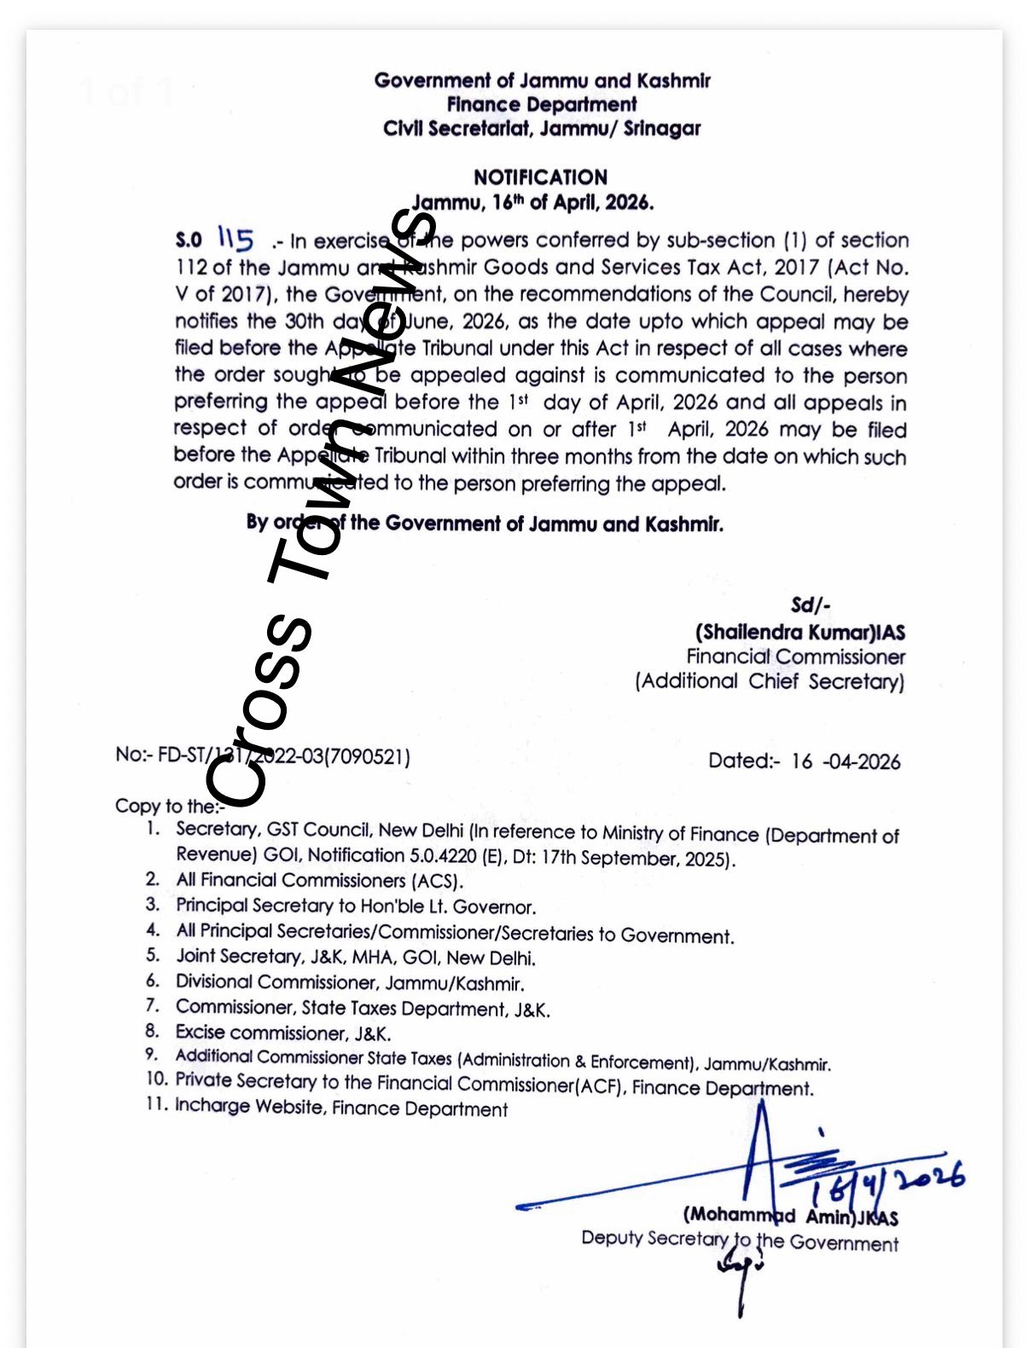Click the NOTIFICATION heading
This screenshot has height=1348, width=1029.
pos(541,177)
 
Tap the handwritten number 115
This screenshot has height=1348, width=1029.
pos(235,239)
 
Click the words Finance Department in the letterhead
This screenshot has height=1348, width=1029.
pos(542,104)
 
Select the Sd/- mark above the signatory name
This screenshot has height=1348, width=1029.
pos(810,605)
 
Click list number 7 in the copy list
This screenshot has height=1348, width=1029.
pos(153,1006)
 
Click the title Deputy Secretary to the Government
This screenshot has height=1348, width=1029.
pos(739,1241)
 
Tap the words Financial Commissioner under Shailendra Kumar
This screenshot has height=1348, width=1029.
pos(795,657)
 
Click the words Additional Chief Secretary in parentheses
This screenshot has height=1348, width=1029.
pos(770,681)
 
